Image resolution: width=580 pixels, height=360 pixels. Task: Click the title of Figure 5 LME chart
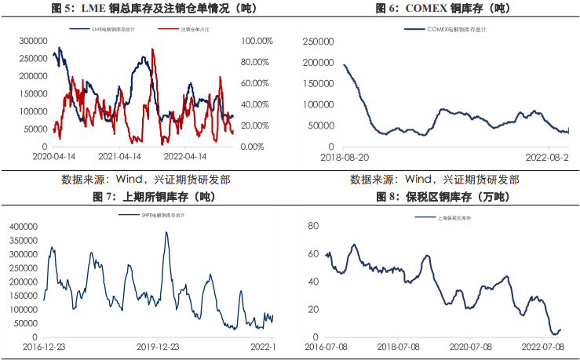click(146, 9)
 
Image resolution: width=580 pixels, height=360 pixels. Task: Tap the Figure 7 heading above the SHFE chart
click(146, 195)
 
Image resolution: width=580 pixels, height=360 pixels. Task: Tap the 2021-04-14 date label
click(121, 157)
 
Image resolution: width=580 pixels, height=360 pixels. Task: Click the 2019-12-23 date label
click(157, 346)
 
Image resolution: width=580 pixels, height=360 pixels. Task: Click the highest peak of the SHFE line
click(166, 232)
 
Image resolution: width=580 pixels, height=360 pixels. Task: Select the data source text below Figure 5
click(146, 180)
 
